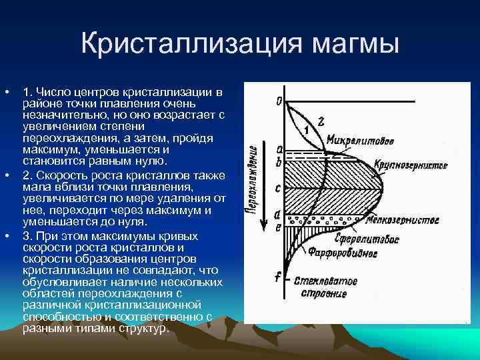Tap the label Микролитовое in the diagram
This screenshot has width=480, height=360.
click(360, 141)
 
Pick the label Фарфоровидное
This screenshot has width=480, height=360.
click(343, 253)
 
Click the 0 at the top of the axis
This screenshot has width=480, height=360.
click(279, 101)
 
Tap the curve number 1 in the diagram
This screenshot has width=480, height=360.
click(305, 129)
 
